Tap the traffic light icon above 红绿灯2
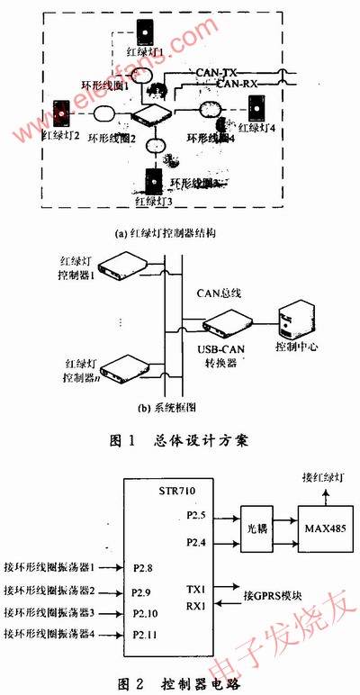tap(61, 113)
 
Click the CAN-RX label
tap(241, 83)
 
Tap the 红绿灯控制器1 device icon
tap(120, 264)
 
